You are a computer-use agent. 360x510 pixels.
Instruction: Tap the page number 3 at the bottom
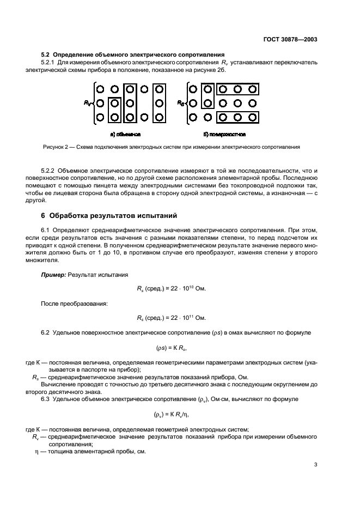(x=315, y=465)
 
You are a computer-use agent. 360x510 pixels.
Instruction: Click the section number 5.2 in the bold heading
(x=46, y=55)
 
